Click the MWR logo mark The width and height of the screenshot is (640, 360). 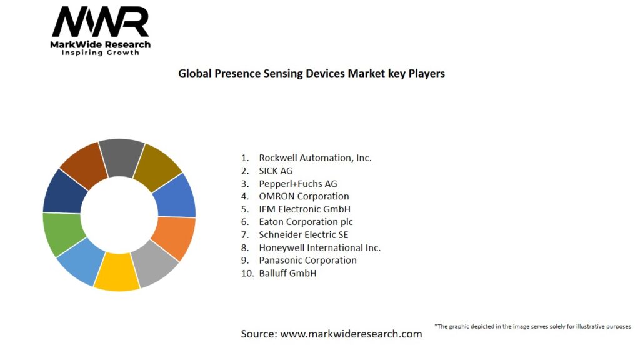click(x=101, y=22)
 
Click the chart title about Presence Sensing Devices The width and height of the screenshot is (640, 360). click(x=311, y=73)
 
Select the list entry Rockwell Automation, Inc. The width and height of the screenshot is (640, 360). click(x=315, y=157)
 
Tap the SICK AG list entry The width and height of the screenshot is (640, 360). click(x=276, y=171)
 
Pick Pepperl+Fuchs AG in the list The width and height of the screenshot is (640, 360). click(x=297, y=184)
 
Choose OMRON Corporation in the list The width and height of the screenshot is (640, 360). click(x=304, y=196)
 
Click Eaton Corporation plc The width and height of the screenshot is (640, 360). click(x=306, y=222)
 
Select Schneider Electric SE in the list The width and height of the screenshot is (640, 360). click(x=303, y=235)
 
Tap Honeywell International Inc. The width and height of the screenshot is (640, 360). click(x=319, y=247)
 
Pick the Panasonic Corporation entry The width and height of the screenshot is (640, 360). click(x=307, y=260)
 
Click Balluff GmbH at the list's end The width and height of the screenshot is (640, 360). click(x=287, y=273)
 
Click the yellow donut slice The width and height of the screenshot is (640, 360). click(x=117, y=272)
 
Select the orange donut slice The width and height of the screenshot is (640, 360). click(x=174, y=237)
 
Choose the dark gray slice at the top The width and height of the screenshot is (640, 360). click(x=121, y=157)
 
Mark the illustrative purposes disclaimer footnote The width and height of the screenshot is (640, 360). click(x=532, y=326)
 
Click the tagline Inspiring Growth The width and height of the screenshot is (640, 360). click(x=100, y=52)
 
